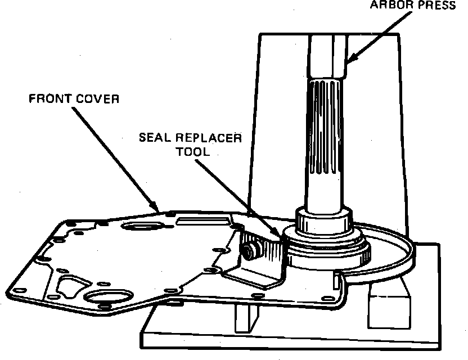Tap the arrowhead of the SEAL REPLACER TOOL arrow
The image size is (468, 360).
click(x=277, y=236)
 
